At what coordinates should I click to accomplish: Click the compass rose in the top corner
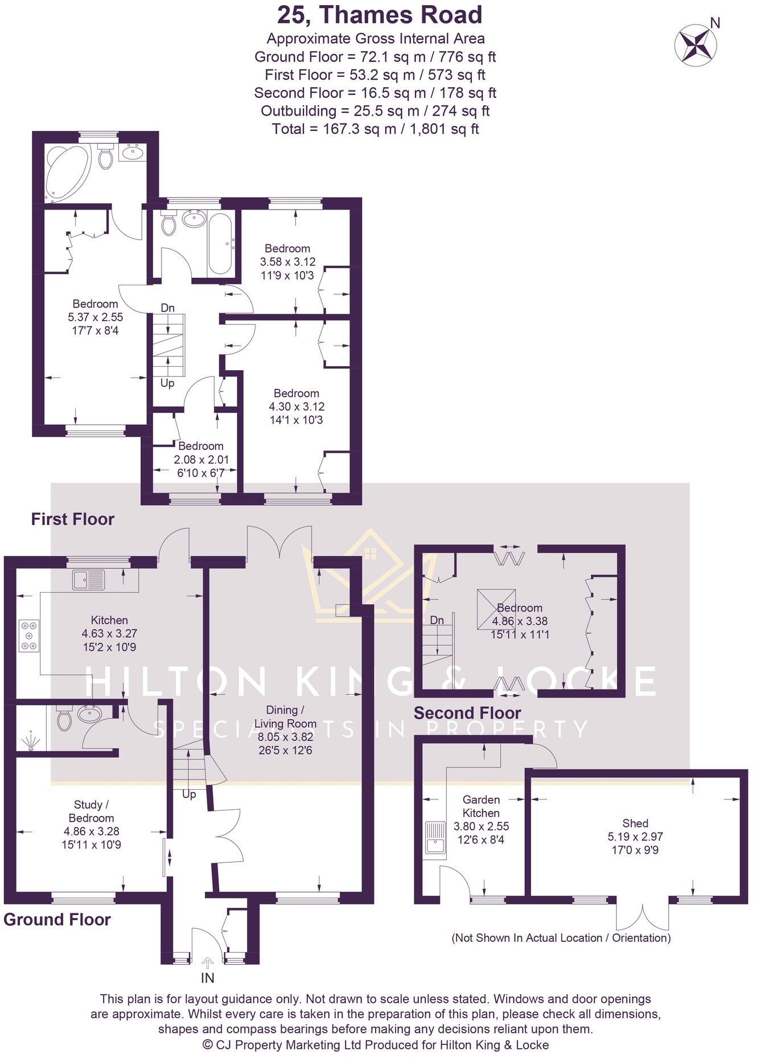coord(695,46)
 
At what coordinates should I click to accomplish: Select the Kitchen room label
coord(109,620)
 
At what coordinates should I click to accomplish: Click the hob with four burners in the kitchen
coord(28,635)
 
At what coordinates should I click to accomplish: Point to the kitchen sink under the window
coord(89,580)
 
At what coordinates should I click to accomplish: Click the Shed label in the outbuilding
coord(635,823)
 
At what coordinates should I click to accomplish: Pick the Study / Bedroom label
coord(91,811)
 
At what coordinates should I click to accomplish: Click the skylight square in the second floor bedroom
coord(496,609)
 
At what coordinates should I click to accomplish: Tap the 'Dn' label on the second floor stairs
coord(437,620)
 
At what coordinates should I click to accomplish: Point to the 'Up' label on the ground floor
coord(189,794)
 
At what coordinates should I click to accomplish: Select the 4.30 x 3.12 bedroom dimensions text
coord(297,407)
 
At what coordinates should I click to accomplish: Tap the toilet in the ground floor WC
coord(65,719)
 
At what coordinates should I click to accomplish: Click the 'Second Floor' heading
coord(467,713)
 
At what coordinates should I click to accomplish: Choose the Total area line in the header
coord(375,129)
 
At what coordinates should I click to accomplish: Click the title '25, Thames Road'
coord(380,15)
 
